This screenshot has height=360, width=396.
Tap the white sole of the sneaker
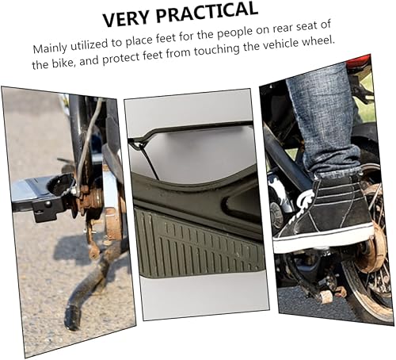click(x=321, y=238)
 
